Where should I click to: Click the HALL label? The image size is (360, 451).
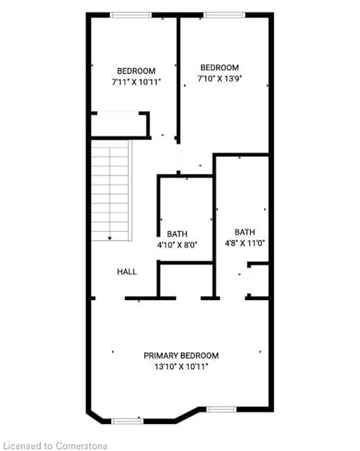[127, 271]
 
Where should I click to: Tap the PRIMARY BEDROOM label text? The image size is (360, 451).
[181, 355]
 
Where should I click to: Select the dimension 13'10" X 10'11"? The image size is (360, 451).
[181, 366]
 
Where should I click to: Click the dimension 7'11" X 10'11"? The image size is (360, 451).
[136, 82]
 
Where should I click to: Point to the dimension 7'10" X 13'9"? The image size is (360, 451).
[220, 79]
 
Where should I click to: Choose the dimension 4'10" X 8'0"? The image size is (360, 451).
[177, 244]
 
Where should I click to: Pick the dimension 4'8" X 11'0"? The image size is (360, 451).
[245, 243]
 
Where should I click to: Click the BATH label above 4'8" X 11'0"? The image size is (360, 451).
[245, 232]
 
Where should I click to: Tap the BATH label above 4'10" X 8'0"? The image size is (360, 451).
[177, 234]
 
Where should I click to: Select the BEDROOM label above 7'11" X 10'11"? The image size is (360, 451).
[136, 71]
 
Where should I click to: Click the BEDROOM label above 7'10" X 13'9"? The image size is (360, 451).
[220, 68]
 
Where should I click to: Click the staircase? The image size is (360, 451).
[111, 189]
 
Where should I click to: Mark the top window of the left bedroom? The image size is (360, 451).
[130, 15]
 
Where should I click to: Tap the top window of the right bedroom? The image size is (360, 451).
[224, 15]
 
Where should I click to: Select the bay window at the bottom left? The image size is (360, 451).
[127, 421]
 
